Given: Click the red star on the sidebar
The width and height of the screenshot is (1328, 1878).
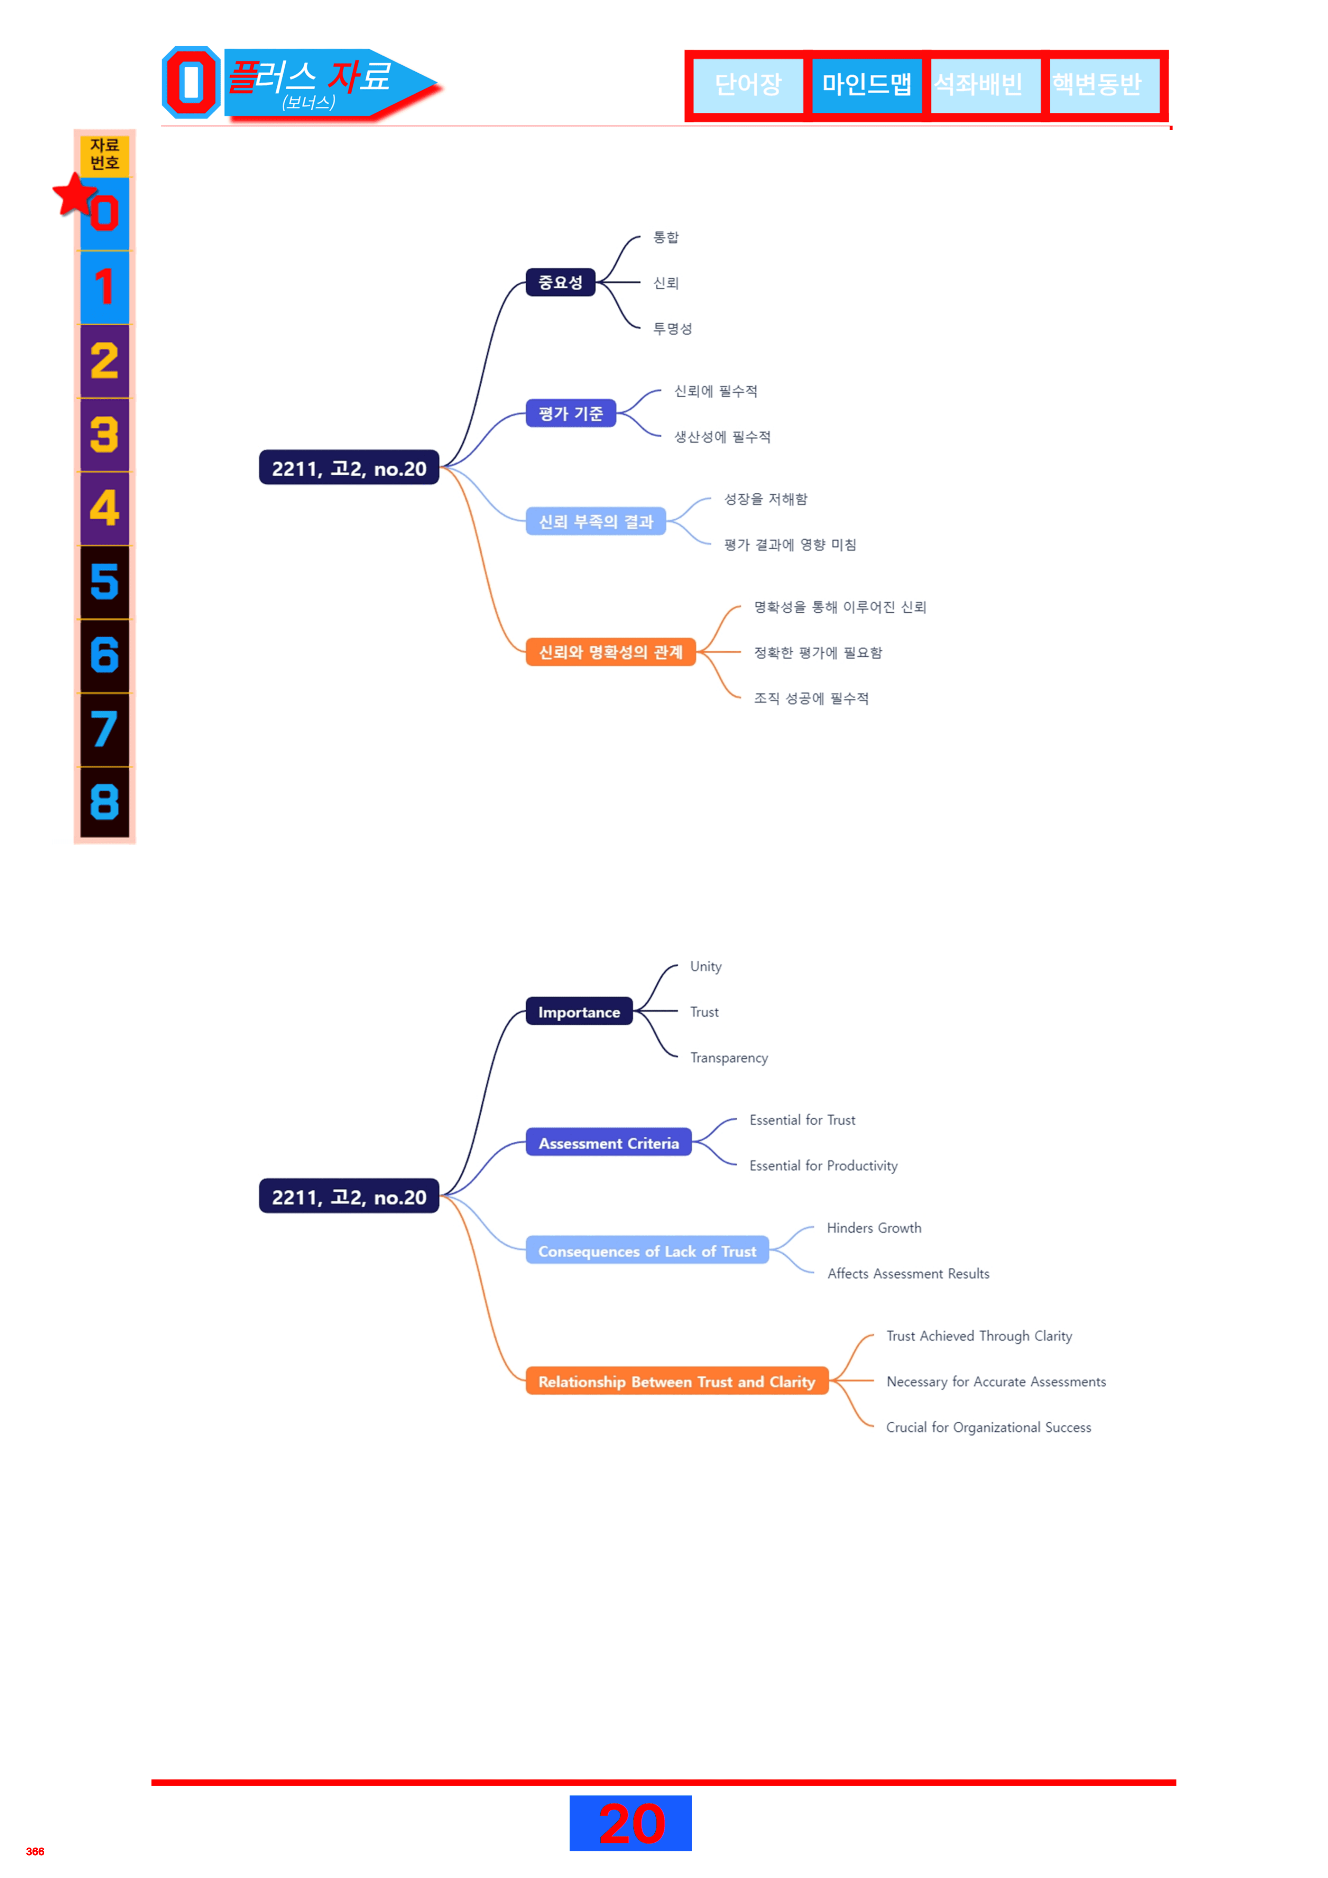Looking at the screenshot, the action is click(75, 195).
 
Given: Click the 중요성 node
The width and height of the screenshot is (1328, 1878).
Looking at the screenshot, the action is click(561, 282).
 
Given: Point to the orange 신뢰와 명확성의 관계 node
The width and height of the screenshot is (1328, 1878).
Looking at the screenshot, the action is click(610, 652).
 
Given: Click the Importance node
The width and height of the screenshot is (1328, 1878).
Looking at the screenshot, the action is click(579, 1012).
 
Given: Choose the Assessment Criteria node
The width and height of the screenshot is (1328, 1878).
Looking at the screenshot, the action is click(609, 1143).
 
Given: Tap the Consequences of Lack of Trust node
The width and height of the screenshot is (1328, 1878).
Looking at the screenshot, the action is click(647, 1251).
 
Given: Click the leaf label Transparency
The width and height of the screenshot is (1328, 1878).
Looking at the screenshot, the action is click(729, 1058).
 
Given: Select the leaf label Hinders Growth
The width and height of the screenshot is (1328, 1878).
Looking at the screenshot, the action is click(874, 1228).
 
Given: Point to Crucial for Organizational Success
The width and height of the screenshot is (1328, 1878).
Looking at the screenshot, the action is click(988, 1427).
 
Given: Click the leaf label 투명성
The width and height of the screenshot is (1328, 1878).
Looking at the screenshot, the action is click(673, 328).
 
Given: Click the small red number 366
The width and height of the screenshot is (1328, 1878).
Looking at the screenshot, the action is click(35, 1851).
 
